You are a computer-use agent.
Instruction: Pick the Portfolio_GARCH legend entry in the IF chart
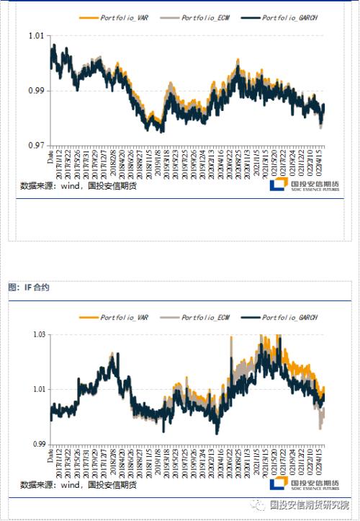point(286,317)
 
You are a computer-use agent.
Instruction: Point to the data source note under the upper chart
point(78,185)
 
